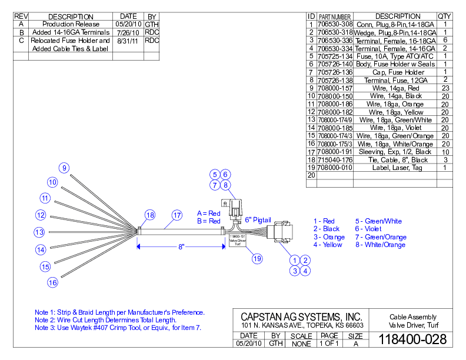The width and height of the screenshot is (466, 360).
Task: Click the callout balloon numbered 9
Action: [64, 168]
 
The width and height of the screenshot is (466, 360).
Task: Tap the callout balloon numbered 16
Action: [52, 282]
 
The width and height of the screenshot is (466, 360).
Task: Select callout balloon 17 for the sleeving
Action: [177, 215]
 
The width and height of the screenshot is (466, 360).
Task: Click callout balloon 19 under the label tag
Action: [257, 258]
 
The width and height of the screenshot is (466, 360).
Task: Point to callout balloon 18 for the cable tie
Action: [150, 215]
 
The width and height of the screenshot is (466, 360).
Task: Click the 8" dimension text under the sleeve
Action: [182, 247]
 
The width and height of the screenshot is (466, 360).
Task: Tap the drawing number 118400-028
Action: [412, 339]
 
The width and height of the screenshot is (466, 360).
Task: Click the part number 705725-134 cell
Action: [335, 56]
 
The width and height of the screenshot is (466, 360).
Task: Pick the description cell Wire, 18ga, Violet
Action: [395, 127]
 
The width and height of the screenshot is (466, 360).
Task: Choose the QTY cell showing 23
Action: [445, 88]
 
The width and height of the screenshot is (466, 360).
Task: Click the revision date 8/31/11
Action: [128, 41]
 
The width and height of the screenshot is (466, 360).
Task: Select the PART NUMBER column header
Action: [335, 16]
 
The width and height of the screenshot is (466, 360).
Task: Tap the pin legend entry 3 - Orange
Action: [329, 237]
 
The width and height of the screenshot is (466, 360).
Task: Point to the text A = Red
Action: [208, 213]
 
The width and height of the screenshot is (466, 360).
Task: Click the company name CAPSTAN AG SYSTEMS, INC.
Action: [301, 316]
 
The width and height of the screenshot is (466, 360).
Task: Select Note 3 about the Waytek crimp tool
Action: [118, 328]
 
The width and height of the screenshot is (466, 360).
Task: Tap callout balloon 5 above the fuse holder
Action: [215, 174]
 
